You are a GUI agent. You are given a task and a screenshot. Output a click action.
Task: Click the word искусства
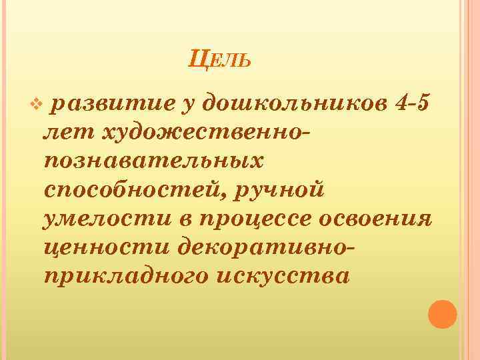click(282, 275)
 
